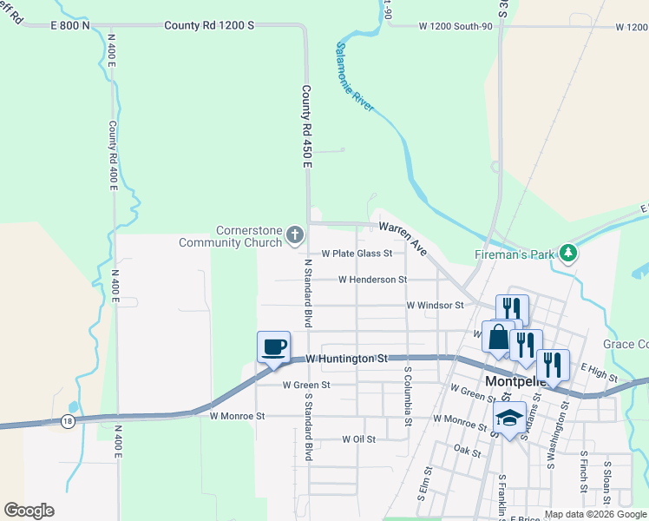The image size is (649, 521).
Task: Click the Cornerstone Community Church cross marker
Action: [295, 234]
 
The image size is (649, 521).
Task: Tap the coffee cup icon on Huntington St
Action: [273, 346]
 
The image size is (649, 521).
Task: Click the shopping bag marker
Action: [499, 336]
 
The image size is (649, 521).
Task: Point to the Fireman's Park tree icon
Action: [568, 253]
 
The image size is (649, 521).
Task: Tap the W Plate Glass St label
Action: [357, 254]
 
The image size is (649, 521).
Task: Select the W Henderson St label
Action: [372, 280]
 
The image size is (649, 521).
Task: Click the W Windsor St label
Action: [435, 306]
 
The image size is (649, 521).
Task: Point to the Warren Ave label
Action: [403, 237]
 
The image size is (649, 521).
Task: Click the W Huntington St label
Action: [346, 358]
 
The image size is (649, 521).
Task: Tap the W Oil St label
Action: [358, 439]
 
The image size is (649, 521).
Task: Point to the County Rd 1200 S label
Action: [209, 26]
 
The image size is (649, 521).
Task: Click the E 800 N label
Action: [70, 26]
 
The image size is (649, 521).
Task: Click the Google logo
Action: [29, 511]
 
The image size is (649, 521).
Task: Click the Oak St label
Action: [467, 450]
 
